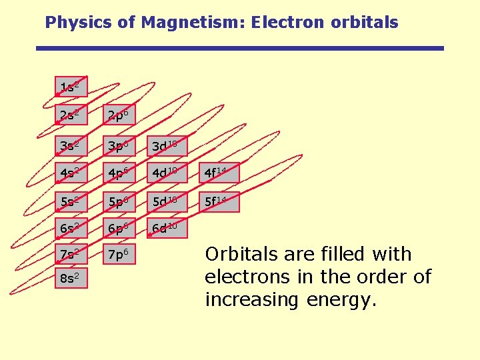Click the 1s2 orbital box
tap(71, 88)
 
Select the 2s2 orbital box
tap(71, 116)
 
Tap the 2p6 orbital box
tap(117, 116)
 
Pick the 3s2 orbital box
tap(71, 145)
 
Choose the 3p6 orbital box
tap(117, 145)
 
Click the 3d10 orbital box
tap(164, 145)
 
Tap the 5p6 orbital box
tap(117, 201)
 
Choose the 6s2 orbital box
tap(71, 229)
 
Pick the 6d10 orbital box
tap(164, 229)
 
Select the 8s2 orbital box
tap(71, 278)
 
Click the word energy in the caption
tap(341, 300)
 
